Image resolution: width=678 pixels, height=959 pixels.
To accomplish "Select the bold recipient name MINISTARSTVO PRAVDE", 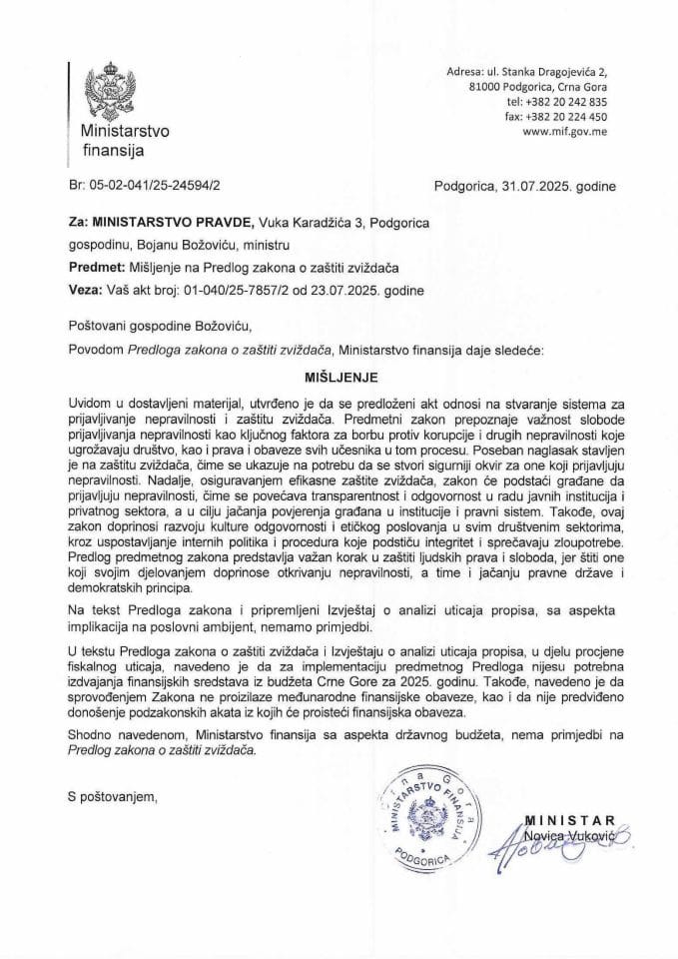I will tap(175, 223).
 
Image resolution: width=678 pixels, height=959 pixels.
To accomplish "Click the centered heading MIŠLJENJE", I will tap(338, 381).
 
